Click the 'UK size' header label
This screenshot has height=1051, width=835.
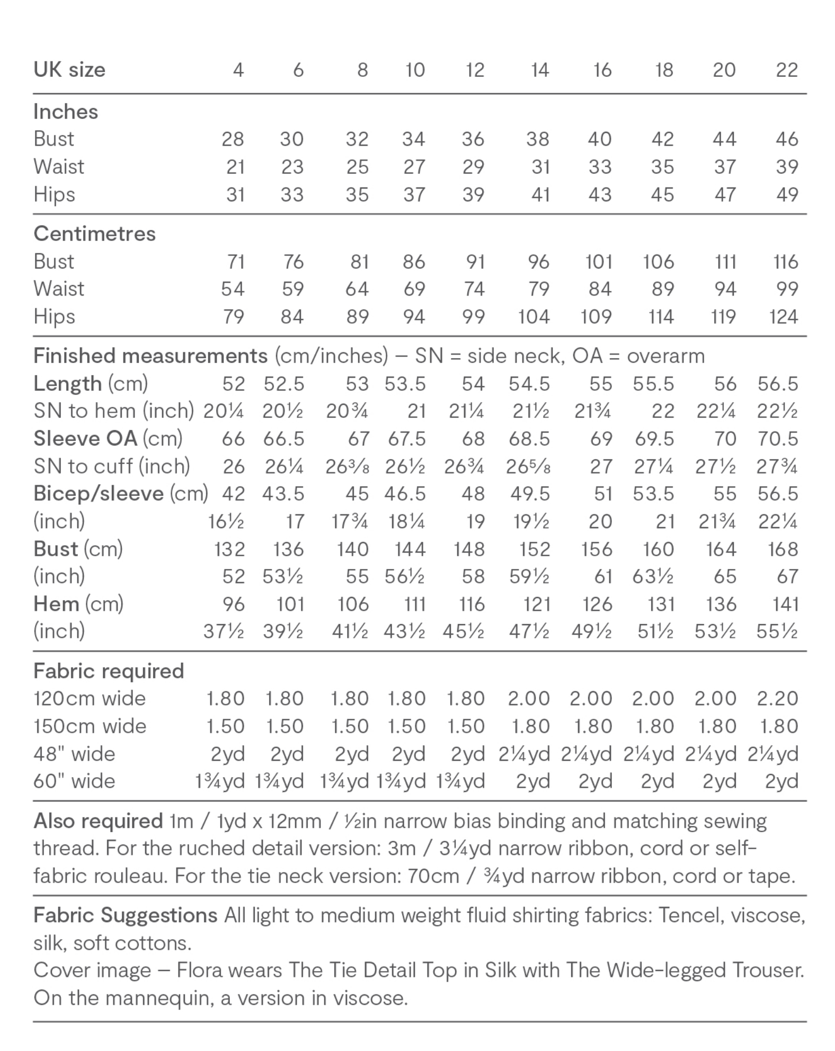pyautogui.click(x=69, y=70)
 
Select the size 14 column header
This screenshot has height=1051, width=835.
pyautogui.click(x=539, y=70)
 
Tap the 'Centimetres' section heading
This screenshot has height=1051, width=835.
pyautogui.click(x=94, y=234)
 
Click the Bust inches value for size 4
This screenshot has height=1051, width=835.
pyautogui.click(x=233, y=139)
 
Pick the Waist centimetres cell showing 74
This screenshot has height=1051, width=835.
pyautogui.click(x=474, y=289)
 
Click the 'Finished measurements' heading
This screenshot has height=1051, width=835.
pyautogui.click(x=150, y=356)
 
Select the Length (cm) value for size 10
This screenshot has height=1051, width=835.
pyautogui.click(x=405, y=384)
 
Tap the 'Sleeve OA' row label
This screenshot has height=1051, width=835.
pyautogui.click(x=85, y=439)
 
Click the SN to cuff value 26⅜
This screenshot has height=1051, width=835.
pyautogui.click(x=347, y=467)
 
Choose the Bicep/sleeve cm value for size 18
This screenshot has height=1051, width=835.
pyautogui.click(x=653, y=494)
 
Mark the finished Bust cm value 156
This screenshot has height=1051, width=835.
pyautogui.click(x=597, y=549)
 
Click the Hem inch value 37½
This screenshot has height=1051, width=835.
pyautogui.click(x=224, y=631)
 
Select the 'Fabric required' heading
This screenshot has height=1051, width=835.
pyautogui.click(x=109, y=671)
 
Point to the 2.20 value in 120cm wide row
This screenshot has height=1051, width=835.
pyautogui.click(x=777, y=699)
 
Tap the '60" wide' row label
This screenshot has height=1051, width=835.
pyautogui.click(x=74, y=781)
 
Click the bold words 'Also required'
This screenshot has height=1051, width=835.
pyautogui.click(x=98, y=821)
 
